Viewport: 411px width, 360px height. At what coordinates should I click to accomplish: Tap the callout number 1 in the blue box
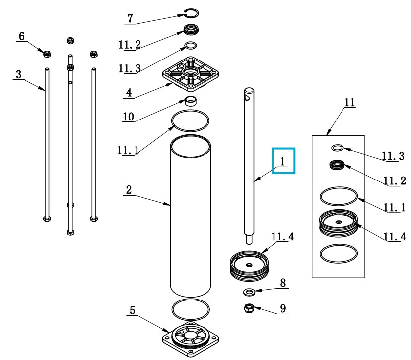tap(282, 161)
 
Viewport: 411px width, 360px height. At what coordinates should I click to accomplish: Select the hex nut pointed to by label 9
tap(249, 308)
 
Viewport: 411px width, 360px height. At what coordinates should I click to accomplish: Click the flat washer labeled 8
tap(249, 292)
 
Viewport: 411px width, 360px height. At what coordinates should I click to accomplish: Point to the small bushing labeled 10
tap(191, 101)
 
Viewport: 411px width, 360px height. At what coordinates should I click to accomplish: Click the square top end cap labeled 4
tap(191, 74)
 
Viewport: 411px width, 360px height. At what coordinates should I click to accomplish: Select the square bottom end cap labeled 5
tap(191, 339)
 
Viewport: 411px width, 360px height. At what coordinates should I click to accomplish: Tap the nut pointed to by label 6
tap(47, 54)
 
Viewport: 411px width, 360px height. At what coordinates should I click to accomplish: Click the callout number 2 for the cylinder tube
tap(129, 190)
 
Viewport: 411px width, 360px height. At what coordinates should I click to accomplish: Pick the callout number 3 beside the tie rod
tap(18, 74)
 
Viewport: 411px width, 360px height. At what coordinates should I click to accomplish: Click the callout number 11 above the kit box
tap(349, 102)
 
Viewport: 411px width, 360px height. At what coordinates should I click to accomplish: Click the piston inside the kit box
tap(338, 223)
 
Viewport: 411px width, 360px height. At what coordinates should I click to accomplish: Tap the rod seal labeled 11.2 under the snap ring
tap(191, 29)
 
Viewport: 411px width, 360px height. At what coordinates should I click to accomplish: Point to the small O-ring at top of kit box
tap(338, 148)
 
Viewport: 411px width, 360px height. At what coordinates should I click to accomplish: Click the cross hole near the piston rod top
tap(247, 98)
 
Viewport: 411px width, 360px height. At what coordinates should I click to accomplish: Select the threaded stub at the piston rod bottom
tap(249, 240)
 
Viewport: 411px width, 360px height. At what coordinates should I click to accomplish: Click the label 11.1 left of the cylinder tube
tap(128, 151)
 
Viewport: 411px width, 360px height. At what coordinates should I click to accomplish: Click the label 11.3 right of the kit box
tap(393, 156)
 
